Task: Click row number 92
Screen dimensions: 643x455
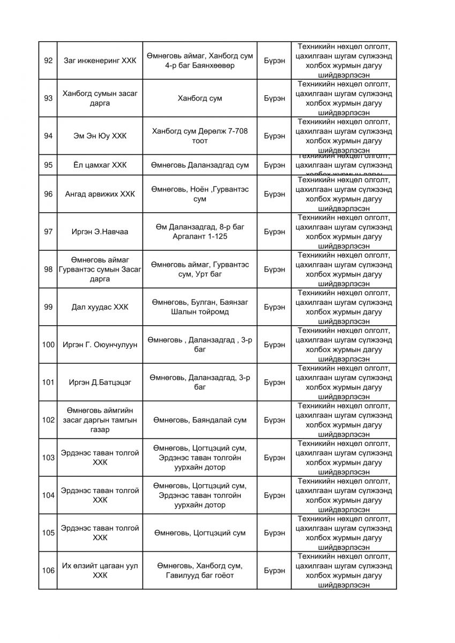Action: [x=48, y=61]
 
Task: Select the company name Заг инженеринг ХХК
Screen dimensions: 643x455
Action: [x=100, y=61]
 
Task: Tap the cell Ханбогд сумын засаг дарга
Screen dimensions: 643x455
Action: [x=100, y=98]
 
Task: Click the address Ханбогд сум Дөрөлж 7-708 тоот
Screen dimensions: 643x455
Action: [x=200, y=136]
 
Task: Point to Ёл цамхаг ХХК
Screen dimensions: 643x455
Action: [x=100, y=165]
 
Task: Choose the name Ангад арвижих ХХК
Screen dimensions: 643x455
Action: [x=100, y=194]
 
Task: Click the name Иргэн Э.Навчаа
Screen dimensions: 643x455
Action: [x=100, y=231]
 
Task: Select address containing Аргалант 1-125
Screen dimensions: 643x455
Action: [x=200, y=231]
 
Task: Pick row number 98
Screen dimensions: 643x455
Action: [x=48, y=269]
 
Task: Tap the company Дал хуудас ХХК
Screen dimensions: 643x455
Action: [x=100, y=307]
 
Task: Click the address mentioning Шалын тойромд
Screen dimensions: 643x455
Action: [x=200, y=307]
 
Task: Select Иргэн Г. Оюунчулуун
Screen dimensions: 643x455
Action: [x=100, y=345]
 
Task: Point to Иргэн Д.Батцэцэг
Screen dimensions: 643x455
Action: [x=100, y=382]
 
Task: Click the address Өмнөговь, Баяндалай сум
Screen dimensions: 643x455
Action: [x=200, y=420]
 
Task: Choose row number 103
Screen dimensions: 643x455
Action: [x=48, y=458]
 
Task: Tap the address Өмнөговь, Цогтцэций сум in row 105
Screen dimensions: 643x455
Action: [x=200, y=533]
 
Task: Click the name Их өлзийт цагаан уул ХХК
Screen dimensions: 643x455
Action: [x=100, y=570]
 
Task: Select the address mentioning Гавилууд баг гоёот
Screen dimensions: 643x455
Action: [x=200, y=570]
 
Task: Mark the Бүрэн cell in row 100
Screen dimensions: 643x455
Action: [x=274, y=345]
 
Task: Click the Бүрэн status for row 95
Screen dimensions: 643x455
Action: [x=274, y=165]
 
